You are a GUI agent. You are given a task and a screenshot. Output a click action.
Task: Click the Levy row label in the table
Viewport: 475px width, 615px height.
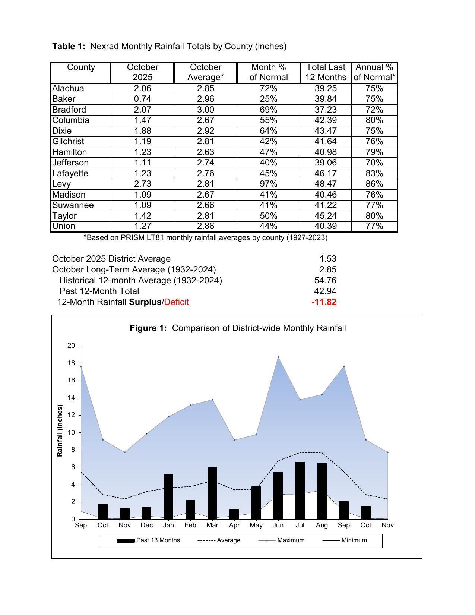click(61, 184)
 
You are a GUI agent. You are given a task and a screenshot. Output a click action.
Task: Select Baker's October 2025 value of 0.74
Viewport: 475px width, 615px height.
click(142, 99)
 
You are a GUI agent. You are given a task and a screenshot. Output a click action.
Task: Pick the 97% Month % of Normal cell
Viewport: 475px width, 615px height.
click(268, 184)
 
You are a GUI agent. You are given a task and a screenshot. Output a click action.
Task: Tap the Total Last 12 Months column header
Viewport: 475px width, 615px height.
click(326, 72)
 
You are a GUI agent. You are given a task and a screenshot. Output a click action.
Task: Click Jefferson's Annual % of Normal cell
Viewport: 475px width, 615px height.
click(374, 163)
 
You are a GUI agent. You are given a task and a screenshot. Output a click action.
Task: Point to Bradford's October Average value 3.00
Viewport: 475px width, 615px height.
click(205, 110)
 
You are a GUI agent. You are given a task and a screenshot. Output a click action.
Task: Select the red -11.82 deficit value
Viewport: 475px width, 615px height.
click(324, 302)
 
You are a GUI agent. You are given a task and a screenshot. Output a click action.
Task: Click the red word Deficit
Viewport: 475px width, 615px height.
click(176, 302)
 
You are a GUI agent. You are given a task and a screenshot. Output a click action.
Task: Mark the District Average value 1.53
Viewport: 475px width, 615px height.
click(328, 259)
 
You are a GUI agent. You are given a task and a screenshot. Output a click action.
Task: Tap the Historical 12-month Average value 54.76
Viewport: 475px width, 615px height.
click(325, 280)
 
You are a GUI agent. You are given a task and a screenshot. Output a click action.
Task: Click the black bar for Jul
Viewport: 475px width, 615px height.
click(300, 491)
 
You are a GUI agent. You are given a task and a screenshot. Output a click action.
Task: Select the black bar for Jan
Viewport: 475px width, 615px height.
click(168, 497)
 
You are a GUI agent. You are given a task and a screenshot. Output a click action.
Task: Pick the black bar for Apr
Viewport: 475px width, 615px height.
click(234, 514)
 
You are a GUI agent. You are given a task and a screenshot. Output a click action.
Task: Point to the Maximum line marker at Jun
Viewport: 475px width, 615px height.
click(278, 357)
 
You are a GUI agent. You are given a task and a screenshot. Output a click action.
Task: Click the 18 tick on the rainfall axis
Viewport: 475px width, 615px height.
click(71, 363)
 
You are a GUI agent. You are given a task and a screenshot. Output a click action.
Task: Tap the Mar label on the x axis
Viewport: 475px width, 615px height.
click(212, 526)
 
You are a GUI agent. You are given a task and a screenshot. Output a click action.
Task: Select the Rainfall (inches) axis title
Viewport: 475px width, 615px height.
click(60, 430)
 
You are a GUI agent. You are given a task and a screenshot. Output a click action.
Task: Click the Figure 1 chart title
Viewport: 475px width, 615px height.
click(238, 328)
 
